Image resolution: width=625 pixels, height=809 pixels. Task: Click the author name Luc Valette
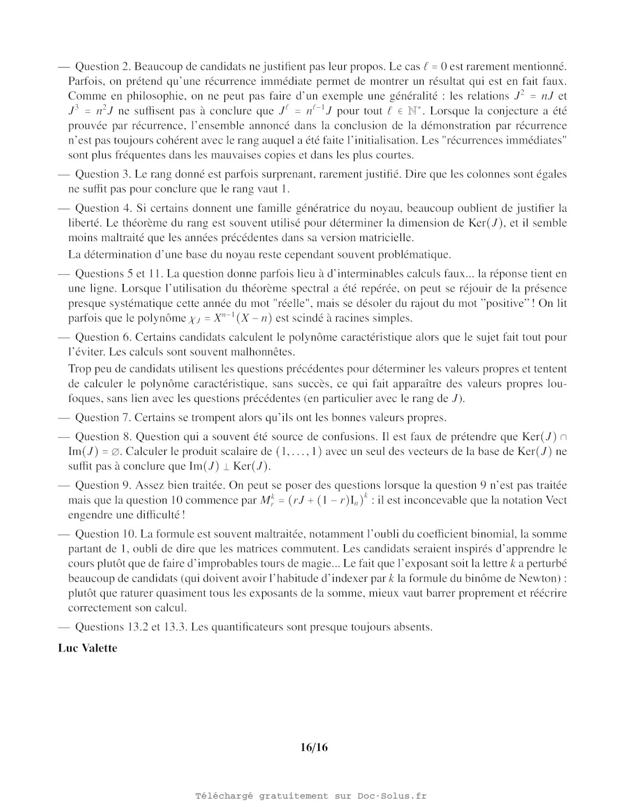click(x=87, y=648)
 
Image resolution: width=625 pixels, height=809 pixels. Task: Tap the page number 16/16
click(x=314, y=747)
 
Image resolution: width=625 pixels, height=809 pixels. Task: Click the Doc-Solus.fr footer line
click(x=311, y=796)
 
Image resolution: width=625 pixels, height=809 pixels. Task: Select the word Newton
click(x=541, y=579)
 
